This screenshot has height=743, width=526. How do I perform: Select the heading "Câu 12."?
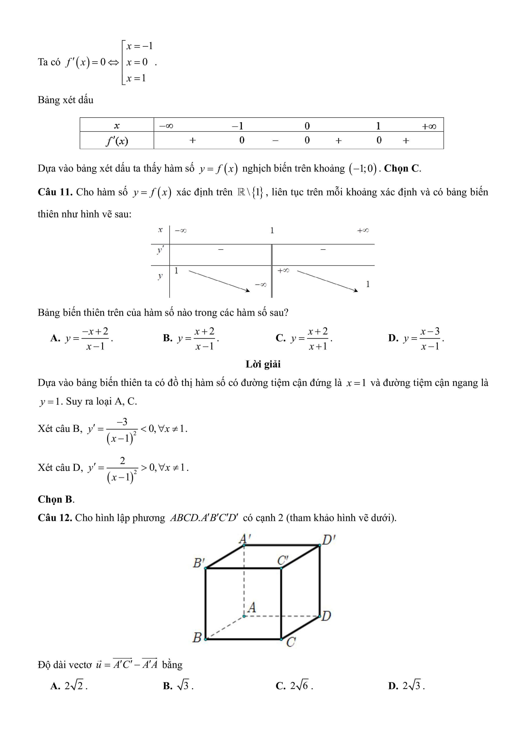point(55,518)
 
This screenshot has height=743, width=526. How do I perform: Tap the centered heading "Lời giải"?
point(263,364)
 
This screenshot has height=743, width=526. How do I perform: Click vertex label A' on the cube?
point(244,539)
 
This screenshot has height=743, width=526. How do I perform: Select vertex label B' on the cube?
point(198,563)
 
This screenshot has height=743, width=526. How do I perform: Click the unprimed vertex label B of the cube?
point(197,638)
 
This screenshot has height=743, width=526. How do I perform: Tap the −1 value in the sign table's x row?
point(237,126)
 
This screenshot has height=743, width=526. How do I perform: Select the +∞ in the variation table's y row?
point(283,270)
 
